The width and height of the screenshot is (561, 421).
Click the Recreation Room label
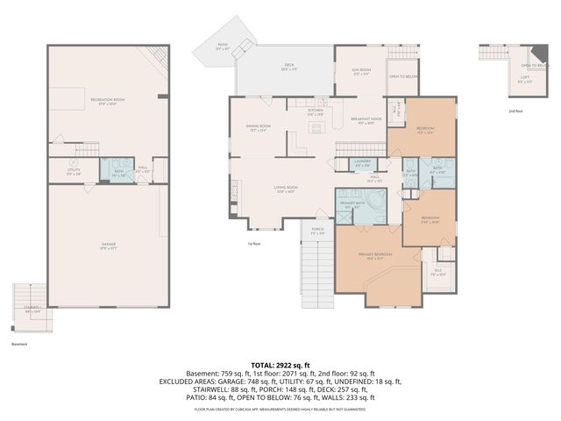coord(107,101)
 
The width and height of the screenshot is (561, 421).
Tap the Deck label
coord(288,66)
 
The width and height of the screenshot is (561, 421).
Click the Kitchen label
coord(316,112)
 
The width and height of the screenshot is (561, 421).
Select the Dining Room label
coord(258,128)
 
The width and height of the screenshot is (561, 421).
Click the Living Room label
coord(286,189)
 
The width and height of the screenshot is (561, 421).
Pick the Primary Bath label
coord(352,204)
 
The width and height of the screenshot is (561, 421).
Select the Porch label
coord(317,232)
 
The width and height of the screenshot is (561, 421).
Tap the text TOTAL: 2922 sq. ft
coord(280,365)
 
